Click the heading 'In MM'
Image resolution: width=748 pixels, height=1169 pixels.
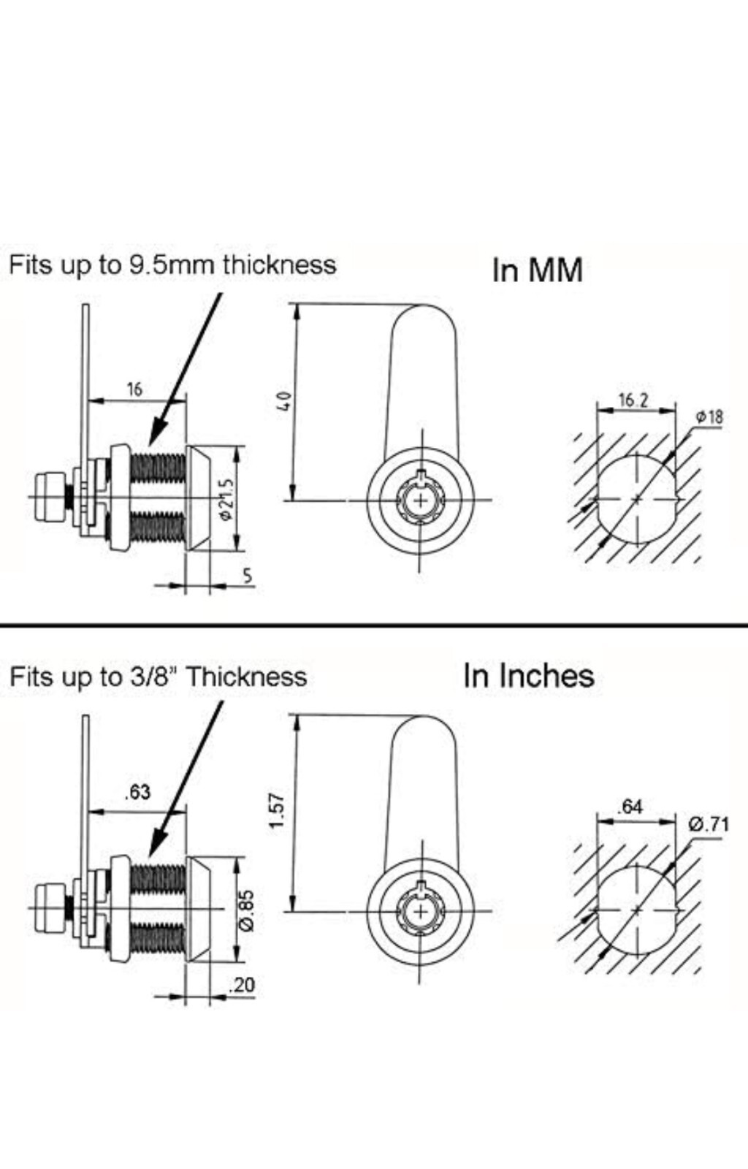(538, 270)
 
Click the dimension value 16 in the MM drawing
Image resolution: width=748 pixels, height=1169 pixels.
(134, 389)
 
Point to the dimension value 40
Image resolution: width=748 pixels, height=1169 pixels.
(285, 400)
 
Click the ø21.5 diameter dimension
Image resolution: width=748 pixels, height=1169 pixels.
(227, 500)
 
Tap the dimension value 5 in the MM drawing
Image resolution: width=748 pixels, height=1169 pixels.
(248, 576)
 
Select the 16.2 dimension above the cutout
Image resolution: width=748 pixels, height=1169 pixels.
(633, 400)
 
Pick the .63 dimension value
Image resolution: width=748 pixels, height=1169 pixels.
(137, 807)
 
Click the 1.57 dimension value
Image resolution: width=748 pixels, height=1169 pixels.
(278, 810)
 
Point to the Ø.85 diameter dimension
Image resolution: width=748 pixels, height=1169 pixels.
(248, 910)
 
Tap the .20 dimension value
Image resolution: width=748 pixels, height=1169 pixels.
(242, 985)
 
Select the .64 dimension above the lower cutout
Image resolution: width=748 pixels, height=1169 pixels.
(630, 807)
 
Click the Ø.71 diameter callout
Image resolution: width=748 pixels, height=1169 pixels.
(709, 825)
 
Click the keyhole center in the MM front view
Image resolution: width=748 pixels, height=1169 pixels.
(421, 500)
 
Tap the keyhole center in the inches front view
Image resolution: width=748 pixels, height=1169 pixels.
(421, 912)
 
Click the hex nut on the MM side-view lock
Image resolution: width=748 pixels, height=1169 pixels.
(50, 496)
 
